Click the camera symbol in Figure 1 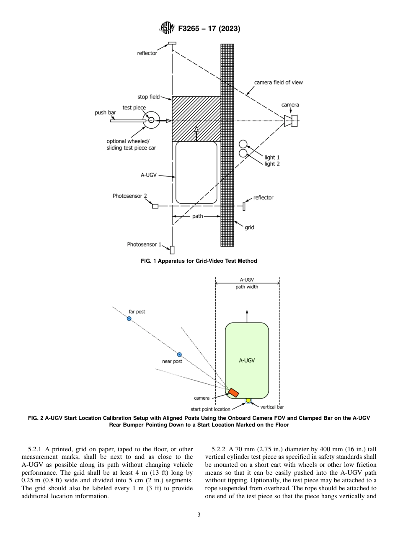(291, 121)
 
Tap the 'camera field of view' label (278, 83)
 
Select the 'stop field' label (148, 97)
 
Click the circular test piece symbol (151, 120)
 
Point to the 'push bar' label (105, 113)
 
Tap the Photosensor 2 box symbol (155, 206)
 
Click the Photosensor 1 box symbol (172, 250)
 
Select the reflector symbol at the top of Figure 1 (172, 43)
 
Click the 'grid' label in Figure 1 (249, 228)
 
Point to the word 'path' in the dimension (197, 216)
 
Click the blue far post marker (129, 318)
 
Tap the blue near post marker (179, 354)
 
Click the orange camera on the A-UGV (233, 392)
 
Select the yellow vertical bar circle (248, 400)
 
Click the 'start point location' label (210, 409)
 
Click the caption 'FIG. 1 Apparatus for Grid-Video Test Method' (199, 261)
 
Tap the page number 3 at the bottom (199, 515)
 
